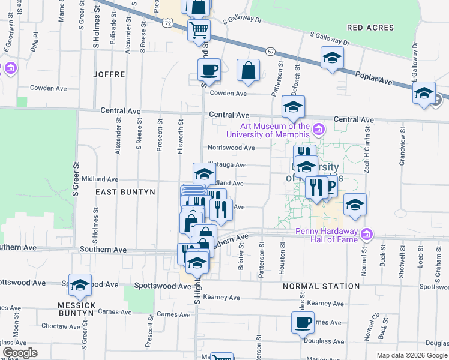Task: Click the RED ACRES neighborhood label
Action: point(370,28)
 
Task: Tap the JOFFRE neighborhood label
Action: point(109,74)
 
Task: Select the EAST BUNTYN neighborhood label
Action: point(126,192)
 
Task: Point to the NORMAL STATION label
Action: point(321,286)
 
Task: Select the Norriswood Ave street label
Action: point(231,148)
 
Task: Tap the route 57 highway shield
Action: point(271,53)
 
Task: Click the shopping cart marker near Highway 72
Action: point(199,30)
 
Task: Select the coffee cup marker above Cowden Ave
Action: point(209,70)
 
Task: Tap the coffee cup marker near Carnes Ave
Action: point(303,323)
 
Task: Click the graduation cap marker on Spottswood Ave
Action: point(79,286)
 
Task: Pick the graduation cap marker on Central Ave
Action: point(293,107)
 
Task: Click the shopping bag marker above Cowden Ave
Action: point(248,71)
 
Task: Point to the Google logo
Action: point(20,353)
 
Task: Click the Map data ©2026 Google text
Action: point(411,355)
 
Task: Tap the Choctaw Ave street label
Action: point(65,327)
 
